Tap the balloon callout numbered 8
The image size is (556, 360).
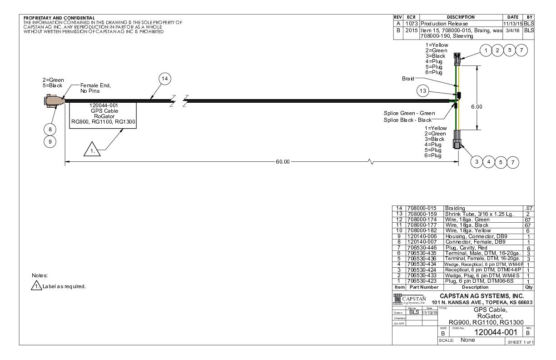pos(50,129)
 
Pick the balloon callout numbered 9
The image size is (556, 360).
pos(50,142)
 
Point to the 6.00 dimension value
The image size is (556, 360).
pos(476,107)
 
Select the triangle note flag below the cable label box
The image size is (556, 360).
pos(90,150)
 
